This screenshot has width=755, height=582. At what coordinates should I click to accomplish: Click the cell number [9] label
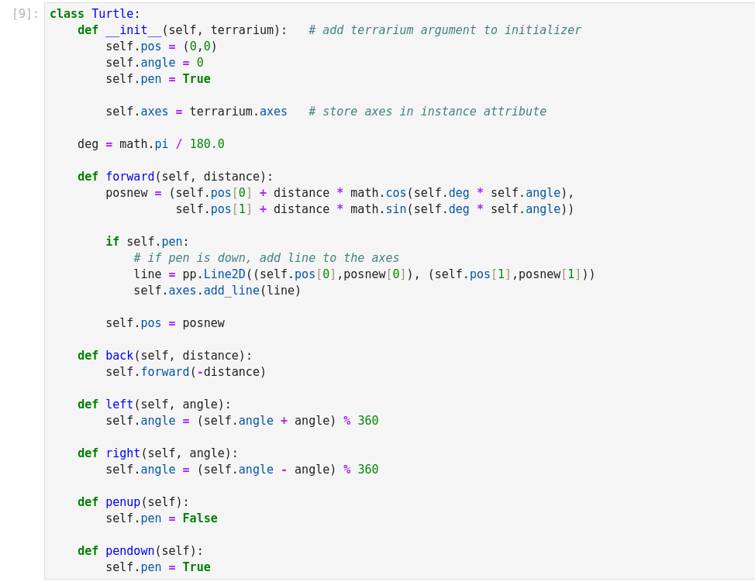(25, 14)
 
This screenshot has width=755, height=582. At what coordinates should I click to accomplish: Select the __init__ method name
(133, 30)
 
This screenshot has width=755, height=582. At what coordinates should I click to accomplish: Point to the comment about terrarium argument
(444, 30)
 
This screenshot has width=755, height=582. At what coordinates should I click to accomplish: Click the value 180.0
(207, 144)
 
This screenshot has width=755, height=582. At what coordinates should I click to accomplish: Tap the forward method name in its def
(130, 177)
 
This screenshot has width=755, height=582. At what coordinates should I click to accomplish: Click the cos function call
(396, 193)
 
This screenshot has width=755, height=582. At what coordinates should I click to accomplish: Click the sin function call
(396, 209)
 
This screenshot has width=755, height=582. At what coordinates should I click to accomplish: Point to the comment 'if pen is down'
(266, 258)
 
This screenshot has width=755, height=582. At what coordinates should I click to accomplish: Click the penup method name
(123, 502)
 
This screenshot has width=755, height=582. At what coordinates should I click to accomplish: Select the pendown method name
(130, 551)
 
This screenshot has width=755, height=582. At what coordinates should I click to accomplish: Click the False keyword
(200, 518)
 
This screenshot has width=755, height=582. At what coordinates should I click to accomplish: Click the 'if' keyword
(112, 242)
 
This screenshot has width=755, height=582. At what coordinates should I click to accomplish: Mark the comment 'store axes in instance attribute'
(427, 112)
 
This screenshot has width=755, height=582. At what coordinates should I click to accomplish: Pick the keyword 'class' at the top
(67, 14)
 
